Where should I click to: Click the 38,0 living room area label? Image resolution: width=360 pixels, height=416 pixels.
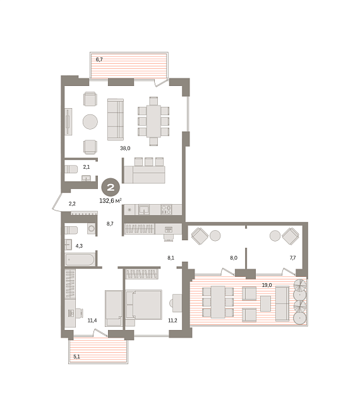[125, 149]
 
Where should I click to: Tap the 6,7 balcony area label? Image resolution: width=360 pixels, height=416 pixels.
[99, 59]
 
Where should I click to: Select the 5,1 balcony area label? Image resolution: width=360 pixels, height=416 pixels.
[76, 357]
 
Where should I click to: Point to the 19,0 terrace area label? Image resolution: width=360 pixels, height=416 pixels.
[267, 285]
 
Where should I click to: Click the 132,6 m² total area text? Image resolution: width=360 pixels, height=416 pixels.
[111, 201]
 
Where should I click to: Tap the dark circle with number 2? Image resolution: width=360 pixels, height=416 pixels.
[111, 187]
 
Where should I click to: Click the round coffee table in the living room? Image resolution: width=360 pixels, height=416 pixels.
[90, 122]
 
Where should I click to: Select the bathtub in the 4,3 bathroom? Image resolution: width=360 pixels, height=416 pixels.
[80, 260]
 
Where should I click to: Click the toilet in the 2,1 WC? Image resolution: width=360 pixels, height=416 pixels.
[71, 169]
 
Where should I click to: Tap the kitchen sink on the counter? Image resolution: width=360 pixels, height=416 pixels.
[143, 210]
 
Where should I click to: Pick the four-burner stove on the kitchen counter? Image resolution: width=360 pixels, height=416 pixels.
[167, 210]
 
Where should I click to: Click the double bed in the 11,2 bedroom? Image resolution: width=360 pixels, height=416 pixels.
[144, 305]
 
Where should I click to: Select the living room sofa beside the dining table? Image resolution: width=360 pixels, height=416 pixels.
[116, 119]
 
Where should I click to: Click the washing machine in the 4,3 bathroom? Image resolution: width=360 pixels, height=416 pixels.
[92, 228]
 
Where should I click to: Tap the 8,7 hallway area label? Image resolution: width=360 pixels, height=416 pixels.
[110, 224]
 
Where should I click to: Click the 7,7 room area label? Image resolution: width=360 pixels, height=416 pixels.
[292, 257]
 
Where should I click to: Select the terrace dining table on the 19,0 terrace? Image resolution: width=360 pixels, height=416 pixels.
[218, 302]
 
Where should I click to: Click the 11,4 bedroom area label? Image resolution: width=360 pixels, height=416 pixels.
[92, 321]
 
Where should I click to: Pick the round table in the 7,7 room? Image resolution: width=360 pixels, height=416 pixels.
[275, 236]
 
